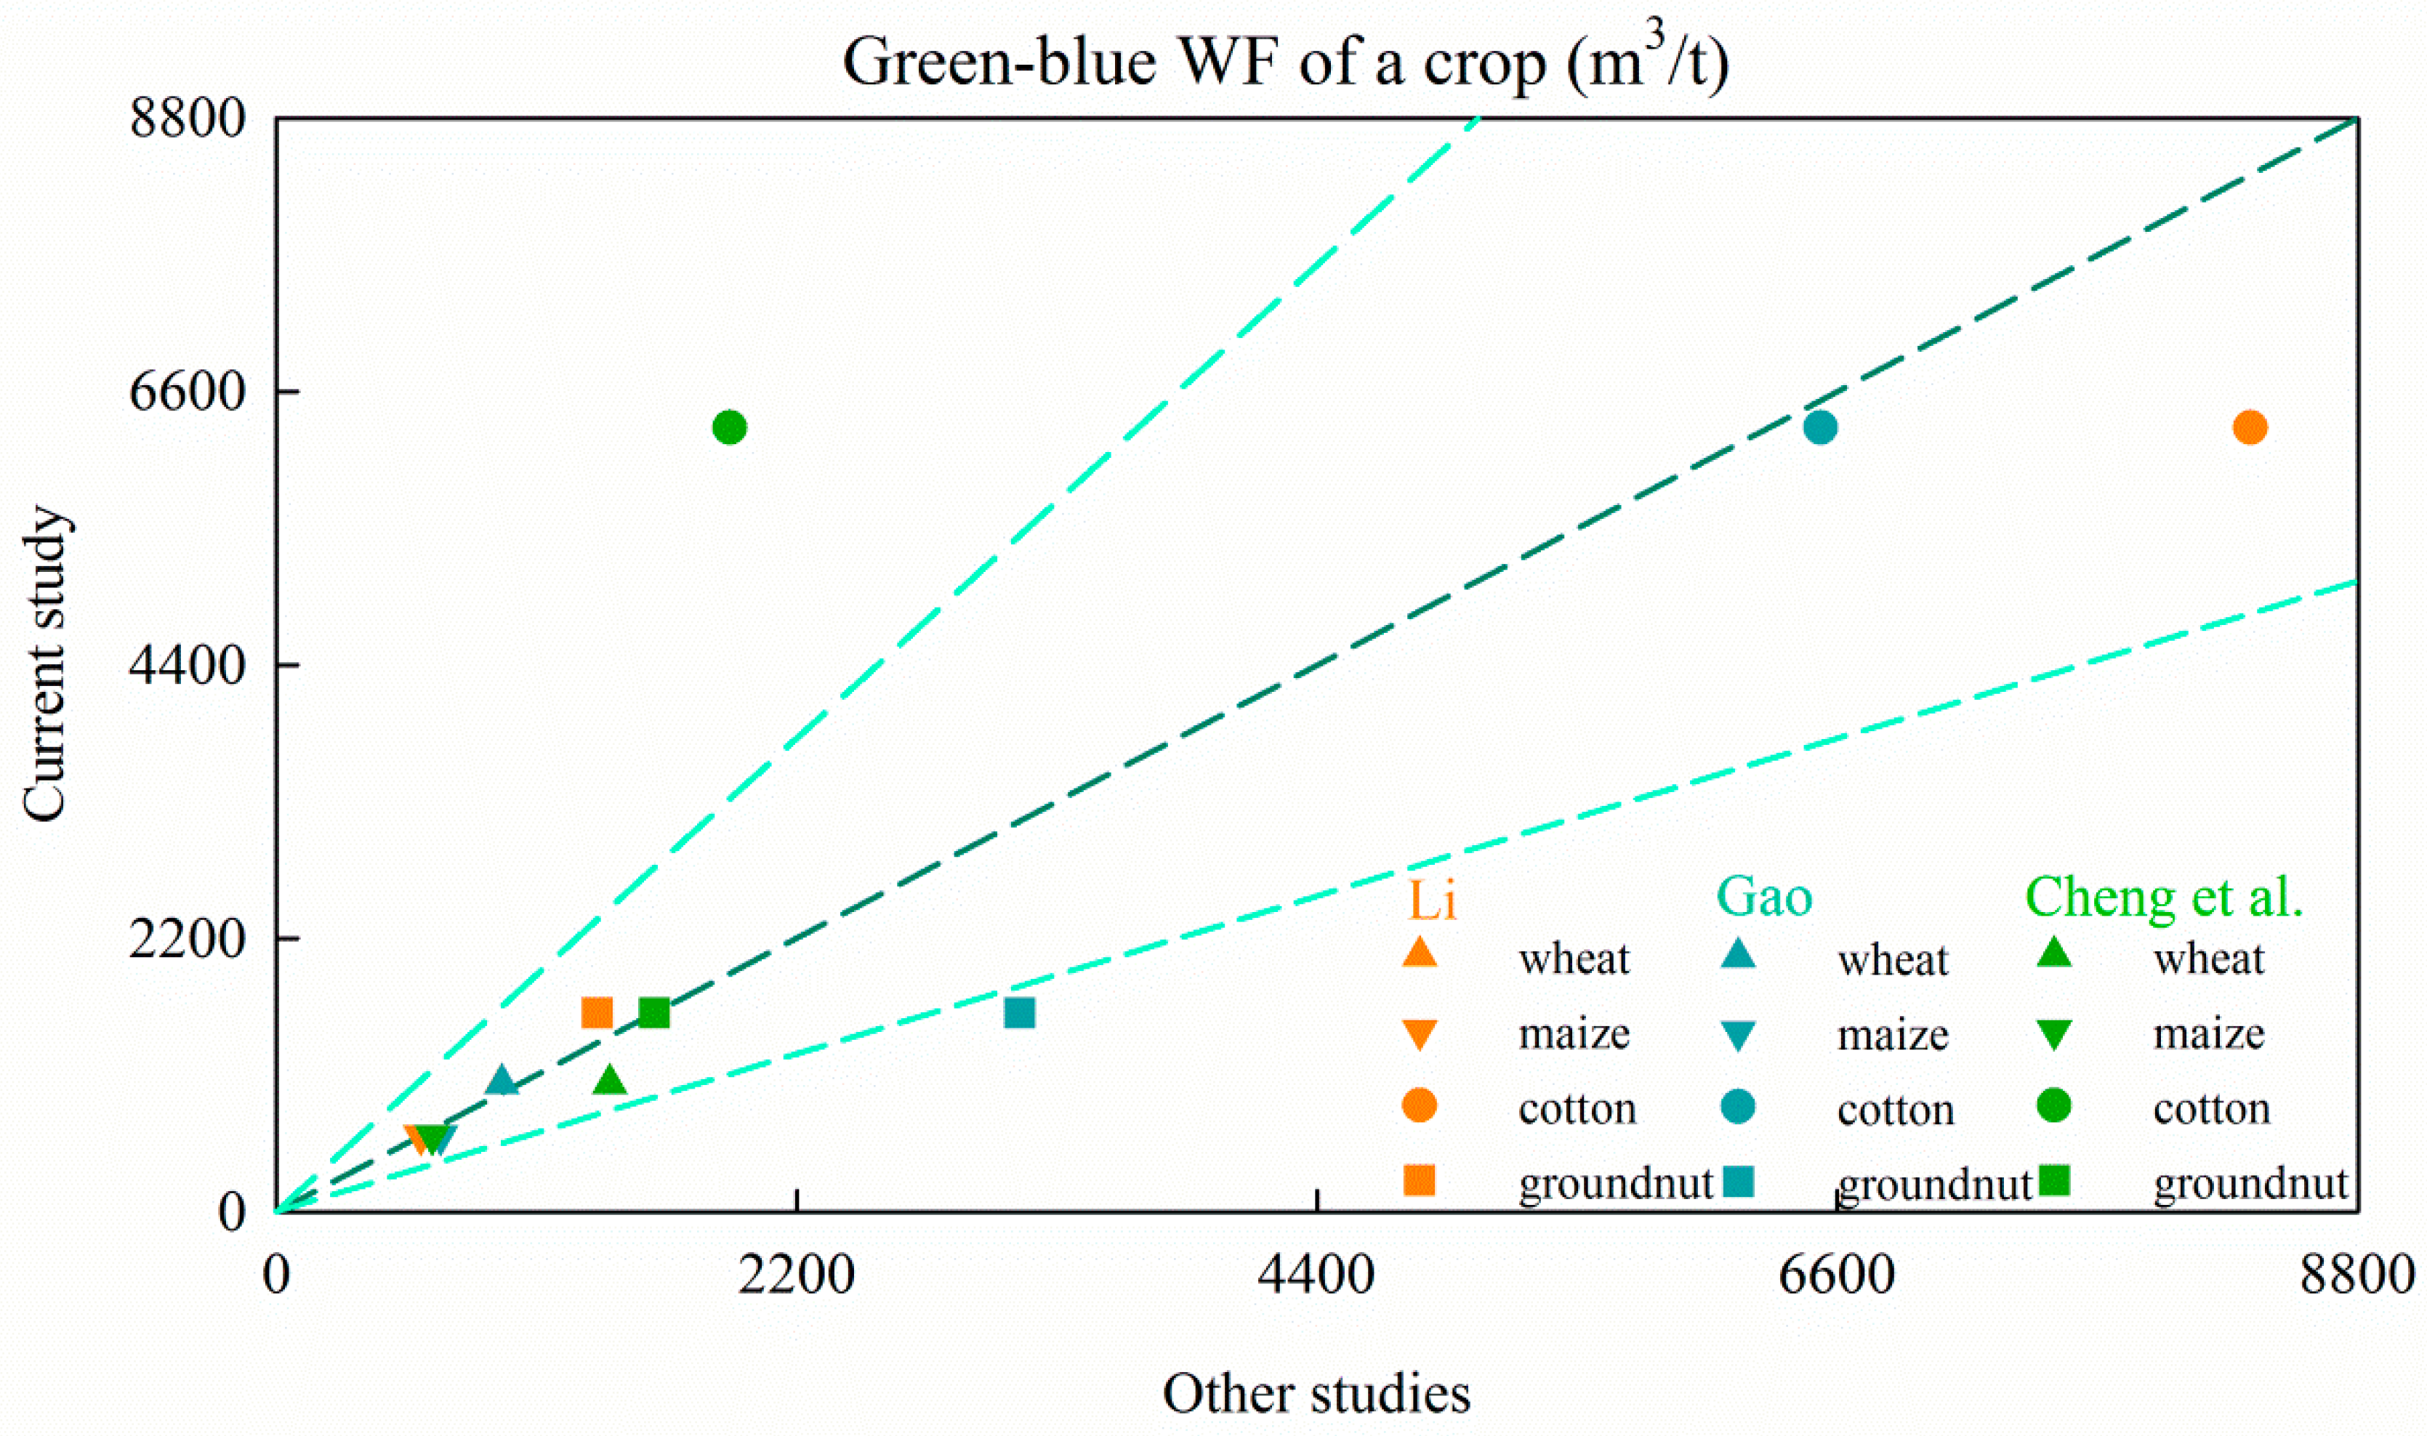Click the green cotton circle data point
point(730,427)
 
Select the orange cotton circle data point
point(2250,427)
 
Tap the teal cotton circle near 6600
point(1820,427)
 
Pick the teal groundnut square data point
point(1020,1012)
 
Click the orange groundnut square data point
point(597,1012)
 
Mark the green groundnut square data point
point(654,1012)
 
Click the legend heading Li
point(1431,900)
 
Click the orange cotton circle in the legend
point(1420,1105)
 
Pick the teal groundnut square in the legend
point(1739,1180)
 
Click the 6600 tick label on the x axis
point(1836,1275)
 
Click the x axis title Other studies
point(1316,1393)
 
